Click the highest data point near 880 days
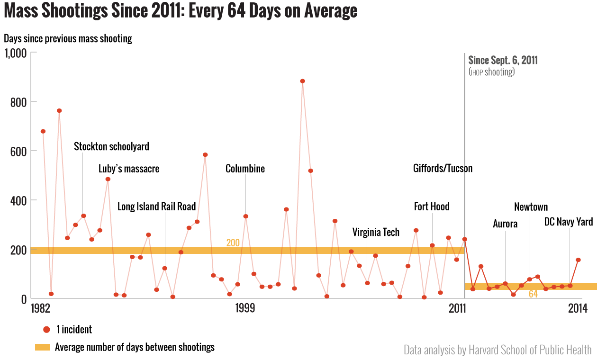(302, 81)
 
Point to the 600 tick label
(17, 151)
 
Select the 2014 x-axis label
(578, 309)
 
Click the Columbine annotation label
(245, 169)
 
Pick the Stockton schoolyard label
(111, 146)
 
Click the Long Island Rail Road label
(156, 207)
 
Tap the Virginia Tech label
(376, 232)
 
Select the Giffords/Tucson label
(443, 168)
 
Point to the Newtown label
(531, 207)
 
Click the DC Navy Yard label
(568, 222)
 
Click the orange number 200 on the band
(233, 243)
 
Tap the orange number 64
(533, 294)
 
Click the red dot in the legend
(46, 330)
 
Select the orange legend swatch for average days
(42, 347)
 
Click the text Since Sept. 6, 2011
(503, 61)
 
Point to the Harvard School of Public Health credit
(497, 350)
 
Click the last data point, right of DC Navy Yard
(578, 260)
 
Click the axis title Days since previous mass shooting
(68, 39)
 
